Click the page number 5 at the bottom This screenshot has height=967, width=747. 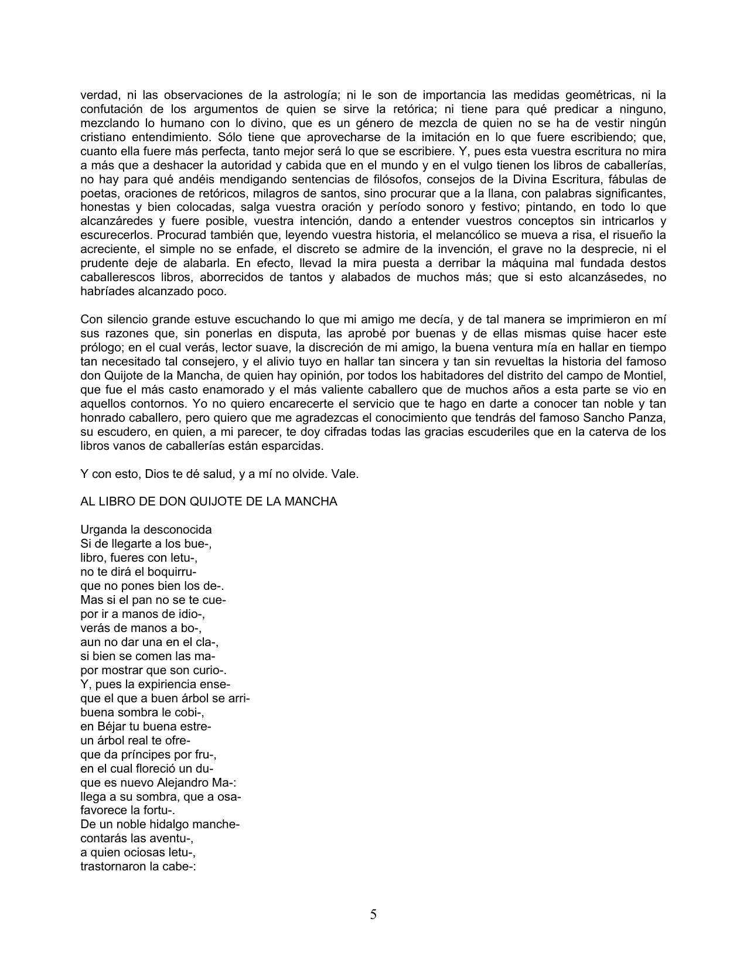tap(373, 915)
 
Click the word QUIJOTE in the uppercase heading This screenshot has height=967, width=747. tap(213, 502)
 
